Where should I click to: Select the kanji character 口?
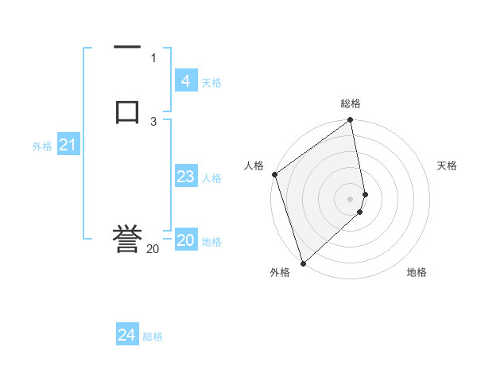click(127, 111)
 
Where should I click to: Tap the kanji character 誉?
click(127, 239)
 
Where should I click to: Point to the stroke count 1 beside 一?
click(153, 57)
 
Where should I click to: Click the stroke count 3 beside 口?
click(153, 121)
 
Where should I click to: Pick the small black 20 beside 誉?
click(153, 249)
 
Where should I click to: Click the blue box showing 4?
click(185, 81)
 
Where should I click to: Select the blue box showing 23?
click(185, 177)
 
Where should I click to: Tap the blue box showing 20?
click(185, 240)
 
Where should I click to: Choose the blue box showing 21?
click(68, 145)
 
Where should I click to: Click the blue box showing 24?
click(126, 335)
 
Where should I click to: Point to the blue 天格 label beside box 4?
click(211, 83)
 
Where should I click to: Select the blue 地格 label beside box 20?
click(211, 242)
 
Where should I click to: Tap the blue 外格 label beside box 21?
click(41, 146)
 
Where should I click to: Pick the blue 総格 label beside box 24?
click(153, 337)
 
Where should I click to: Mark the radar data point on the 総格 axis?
click(351, 121)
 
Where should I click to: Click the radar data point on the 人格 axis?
click(274, 174)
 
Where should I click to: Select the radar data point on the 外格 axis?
click(303, 263)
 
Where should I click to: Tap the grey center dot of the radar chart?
click(351, 198)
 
